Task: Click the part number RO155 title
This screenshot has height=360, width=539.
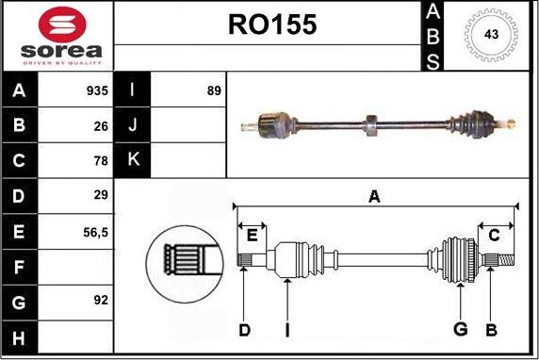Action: (x=272, y=25)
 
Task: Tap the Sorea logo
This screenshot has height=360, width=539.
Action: (x=57, y=35)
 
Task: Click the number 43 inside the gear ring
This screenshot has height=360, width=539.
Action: (x=491, y=34)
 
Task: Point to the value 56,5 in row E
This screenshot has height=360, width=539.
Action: (x=96, y=231)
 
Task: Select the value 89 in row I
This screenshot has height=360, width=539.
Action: (x=214, y=91)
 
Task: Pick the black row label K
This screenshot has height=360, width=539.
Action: (x=133, y=160)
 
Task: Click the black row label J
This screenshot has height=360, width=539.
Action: (x=133, y=125)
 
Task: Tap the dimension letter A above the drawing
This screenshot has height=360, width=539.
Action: (x=374, y=197)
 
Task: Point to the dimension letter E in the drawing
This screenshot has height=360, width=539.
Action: (x=252, y=235)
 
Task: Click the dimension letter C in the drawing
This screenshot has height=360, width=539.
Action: (x=493, y=235)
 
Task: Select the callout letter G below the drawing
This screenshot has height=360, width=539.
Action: (x=461, y=329)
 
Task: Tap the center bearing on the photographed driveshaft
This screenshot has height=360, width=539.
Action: (x=370, y=123)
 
